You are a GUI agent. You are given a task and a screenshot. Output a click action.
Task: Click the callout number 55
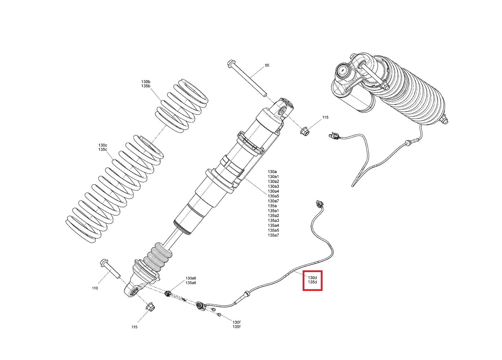(267, 65)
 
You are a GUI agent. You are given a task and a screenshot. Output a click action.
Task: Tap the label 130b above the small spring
(146, 82)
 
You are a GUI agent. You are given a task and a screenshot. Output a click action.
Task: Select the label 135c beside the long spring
(103, 150)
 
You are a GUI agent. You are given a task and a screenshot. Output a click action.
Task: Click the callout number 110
(95, 288)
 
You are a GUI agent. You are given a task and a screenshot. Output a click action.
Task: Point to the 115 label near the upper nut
(325, 117)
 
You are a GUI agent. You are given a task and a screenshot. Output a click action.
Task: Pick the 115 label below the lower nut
(134, 327)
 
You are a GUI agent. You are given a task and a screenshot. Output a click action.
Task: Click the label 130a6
(191, 278)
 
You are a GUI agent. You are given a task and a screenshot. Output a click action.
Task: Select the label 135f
(236, 327)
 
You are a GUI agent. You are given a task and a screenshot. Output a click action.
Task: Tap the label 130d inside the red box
(312, 278)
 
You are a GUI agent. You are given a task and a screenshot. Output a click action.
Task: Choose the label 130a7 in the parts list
(273, 201)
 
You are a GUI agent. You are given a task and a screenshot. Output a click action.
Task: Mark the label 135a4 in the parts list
(273, 225)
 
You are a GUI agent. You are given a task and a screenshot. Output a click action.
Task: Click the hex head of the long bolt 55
(230, 63)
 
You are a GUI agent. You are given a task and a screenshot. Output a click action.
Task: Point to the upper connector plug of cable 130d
(319, 203)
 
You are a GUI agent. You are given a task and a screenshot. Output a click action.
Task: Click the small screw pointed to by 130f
(219, 315)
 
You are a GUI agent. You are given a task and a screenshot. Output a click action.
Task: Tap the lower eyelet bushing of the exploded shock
(135, 292)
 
